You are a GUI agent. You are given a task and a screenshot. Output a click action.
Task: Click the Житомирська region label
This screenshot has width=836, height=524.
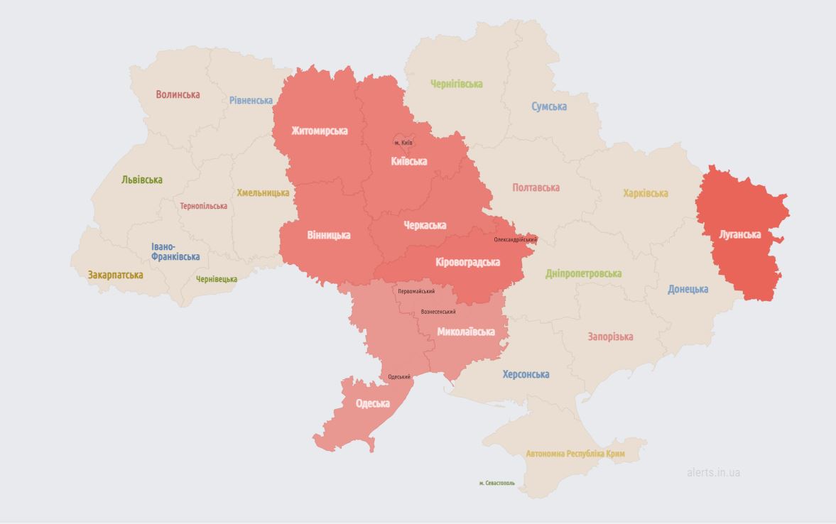(319, 131)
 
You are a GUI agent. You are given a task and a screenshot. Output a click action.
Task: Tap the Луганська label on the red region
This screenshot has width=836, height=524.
(739, 234)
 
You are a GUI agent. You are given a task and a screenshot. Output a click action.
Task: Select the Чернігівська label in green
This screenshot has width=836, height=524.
(456, 84)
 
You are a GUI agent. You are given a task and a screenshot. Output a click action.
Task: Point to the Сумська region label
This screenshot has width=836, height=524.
(549, 107)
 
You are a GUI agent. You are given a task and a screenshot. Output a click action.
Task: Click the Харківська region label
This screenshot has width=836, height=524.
(645, 193)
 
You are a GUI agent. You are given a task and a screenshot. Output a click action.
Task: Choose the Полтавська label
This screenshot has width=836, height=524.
(536, 187)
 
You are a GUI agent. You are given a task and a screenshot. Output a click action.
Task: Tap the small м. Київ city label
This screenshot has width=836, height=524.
(403, 143)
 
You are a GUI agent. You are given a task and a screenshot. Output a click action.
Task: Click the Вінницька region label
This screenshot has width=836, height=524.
(328, 235)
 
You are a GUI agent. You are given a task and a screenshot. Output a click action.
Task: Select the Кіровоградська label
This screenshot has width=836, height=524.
(467, 262)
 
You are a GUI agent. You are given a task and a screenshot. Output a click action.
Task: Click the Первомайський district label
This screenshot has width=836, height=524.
(416, 291)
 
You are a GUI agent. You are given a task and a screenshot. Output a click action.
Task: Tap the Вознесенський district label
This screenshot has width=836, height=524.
(438, 312)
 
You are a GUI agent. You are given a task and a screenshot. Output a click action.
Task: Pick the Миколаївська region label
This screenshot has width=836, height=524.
(465, 332)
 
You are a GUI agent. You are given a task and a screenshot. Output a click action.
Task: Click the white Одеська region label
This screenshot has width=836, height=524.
(372, 403)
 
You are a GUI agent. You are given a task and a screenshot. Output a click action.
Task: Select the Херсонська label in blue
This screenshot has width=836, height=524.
(526, 374)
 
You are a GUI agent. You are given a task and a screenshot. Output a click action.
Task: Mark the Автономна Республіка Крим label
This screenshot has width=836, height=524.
(576, 453)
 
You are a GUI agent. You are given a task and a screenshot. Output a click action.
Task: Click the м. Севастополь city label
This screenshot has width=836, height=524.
(496, 483)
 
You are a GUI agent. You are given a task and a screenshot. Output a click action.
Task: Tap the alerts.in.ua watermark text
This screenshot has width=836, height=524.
(713, 472)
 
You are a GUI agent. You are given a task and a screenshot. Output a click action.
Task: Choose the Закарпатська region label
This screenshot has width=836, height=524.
(115, 275)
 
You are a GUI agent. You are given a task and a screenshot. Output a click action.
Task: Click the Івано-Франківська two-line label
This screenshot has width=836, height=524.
(175, 251)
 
